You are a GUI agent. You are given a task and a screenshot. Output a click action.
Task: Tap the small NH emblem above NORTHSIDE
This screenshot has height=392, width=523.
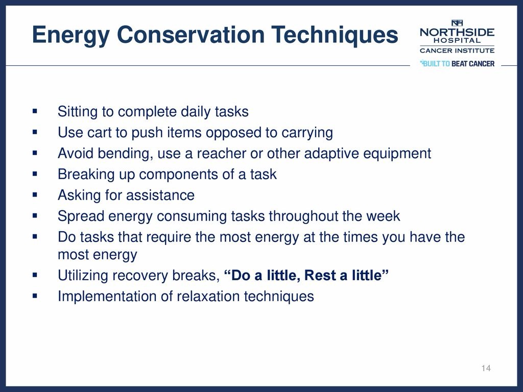457,22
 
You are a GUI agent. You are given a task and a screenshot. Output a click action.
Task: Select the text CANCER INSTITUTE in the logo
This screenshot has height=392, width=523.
457,51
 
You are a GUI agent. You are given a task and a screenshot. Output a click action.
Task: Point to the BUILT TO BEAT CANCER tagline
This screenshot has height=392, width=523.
457,63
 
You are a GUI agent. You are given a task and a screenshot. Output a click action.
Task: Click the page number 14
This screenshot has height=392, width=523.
486,368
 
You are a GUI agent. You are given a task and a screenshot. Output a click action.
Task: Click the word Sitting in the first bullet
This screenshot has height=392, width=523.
78,112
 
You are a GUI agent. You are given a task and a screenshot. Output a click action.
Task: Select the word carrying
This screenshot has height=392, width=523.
307,133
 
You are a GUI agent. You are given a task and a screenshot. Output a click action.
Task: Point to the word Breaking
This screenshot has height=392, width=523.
86,175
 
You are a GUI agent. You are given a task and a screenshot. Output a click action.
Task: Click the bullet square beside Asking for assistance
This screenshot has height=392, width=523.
35,194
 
